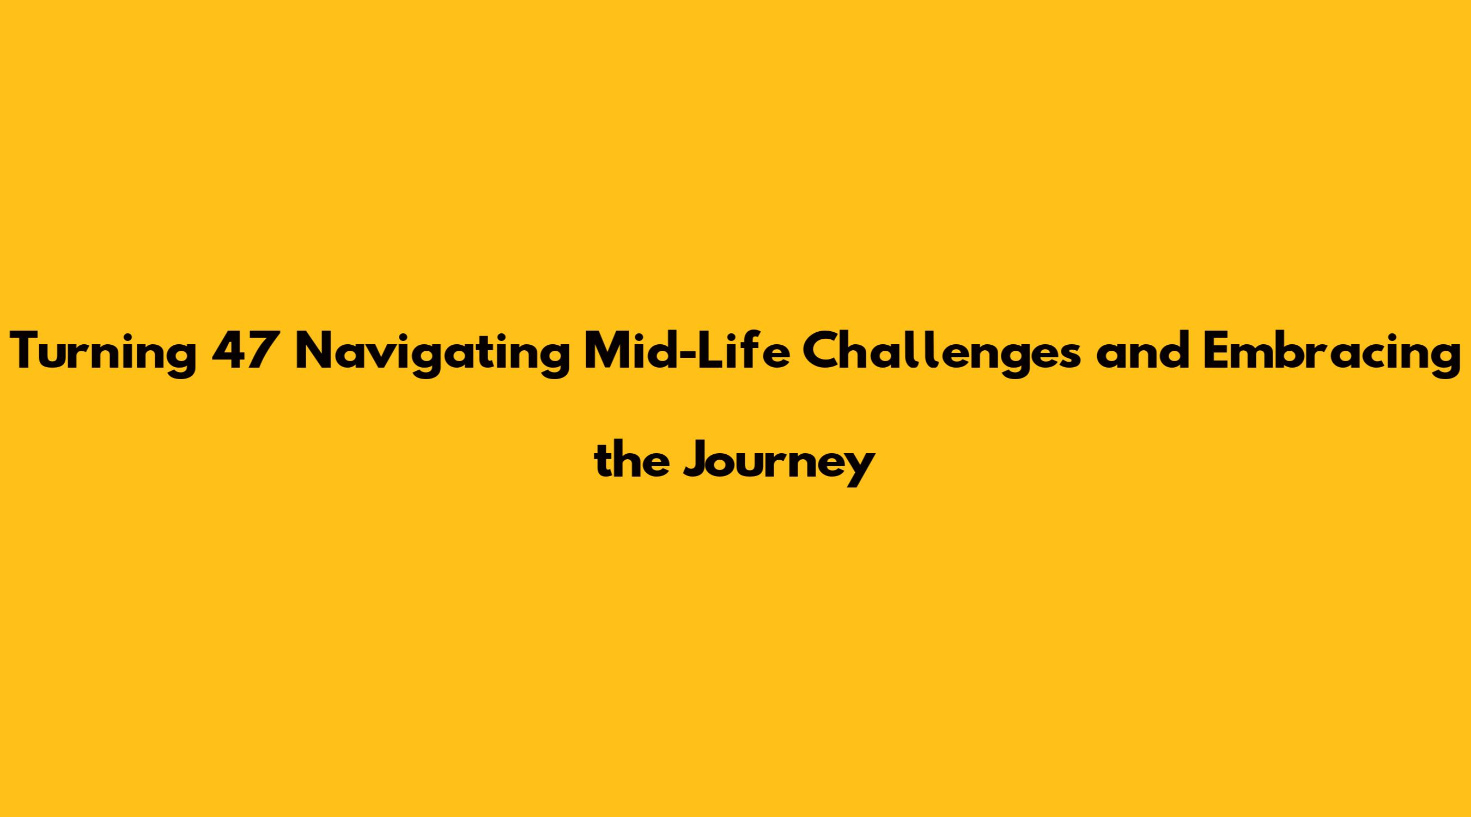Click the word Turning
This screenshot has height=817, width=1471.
point(105,354)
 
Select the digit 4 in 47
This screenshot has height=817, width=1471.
point(229,351)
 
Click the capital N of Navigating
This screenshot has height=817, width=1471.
point(317,351)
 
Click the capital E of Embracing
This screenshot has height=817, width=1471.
point(1215,351)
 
